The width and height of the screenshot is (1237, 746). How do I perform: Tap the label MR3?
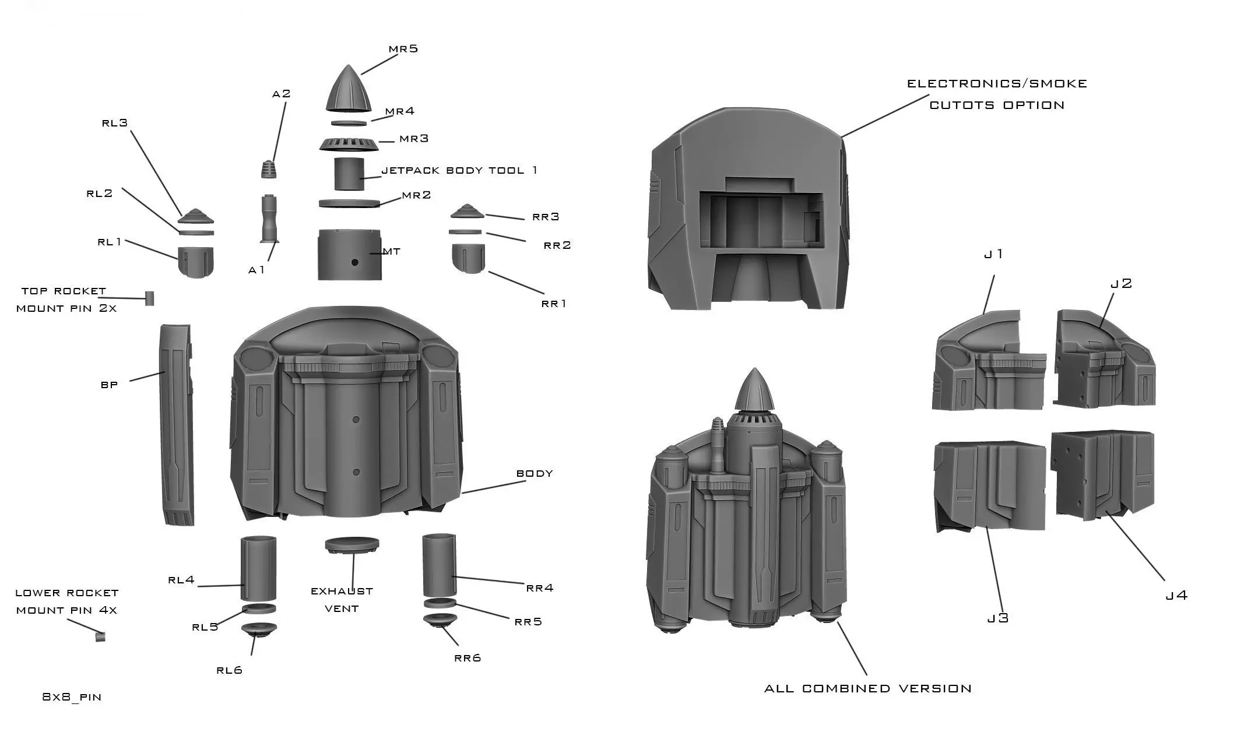tap(414, 139)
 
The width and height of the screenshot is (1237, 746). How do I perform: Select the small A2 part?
tap(268, 168)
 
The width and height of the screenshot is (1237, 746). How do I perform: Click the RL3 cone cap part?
tap(196, 217)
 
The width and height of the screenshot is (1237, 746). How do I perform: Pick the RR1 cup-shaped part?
tap(468, 258)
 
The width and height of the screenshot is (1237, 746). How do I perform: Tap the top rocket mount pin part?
tap(150, 298)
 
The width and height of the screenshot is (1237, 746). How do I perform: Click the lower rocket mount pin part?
tap(100, 637)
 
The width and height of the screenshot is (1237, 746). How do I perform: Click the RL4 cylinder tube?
tap(258, 568)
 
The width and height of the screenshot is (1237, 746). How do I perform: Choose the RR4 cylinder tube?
tap(439, 564)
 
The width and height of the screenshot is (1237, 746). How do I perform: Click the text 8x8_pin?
tap(72, 697)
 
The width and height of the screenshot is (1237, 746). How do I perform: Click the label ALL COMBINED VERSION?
tap(867, 689)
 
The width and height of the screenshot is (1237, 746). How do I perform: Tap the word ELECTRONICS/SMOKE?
tap(997, 84)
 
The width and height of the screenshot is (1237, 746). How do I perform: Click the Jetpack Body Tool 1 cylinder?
tap(349, 174)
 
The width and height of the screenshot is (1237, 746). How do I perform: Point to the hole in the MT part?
tap(354, 262)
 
